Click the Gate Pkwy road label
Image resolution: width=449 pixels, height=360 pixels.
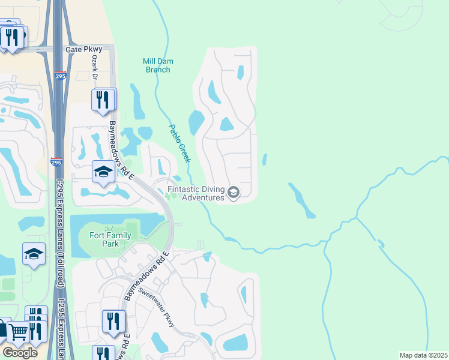pyautogui.click(x=81, y=50)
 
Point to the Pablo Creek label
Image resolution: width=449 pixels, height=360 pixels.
pyautogui.click(x=179, y=143)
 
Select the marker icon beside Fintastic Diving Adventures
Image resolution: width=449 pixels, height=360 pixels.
pyautogui.click(x=234, y=193)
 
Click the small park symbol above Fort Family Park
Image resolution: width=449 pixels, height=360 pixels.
pyautogui.click(x=109, y=229)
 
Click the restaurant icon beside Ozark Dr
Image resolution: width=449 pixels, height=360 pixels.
pyautogui.click(x=104, y=99)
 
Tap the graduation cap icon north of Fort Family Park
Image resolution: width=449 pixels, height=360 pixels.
pyautogui.click(x=104, y=172)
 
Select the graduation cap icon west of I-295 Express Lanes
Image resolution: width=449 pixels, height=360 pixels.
pyautogui.click(x=34, y=254)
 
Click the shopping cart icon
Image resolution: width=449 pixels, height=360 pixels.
pyautogui.click(x=18, y=331)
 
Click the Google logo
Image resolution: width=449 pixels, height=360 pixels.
pyautogui.click(x=20, y=353)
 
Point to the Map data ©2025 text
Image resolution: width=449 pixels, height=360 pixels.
pyautogui.click(x=423, y=355)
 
